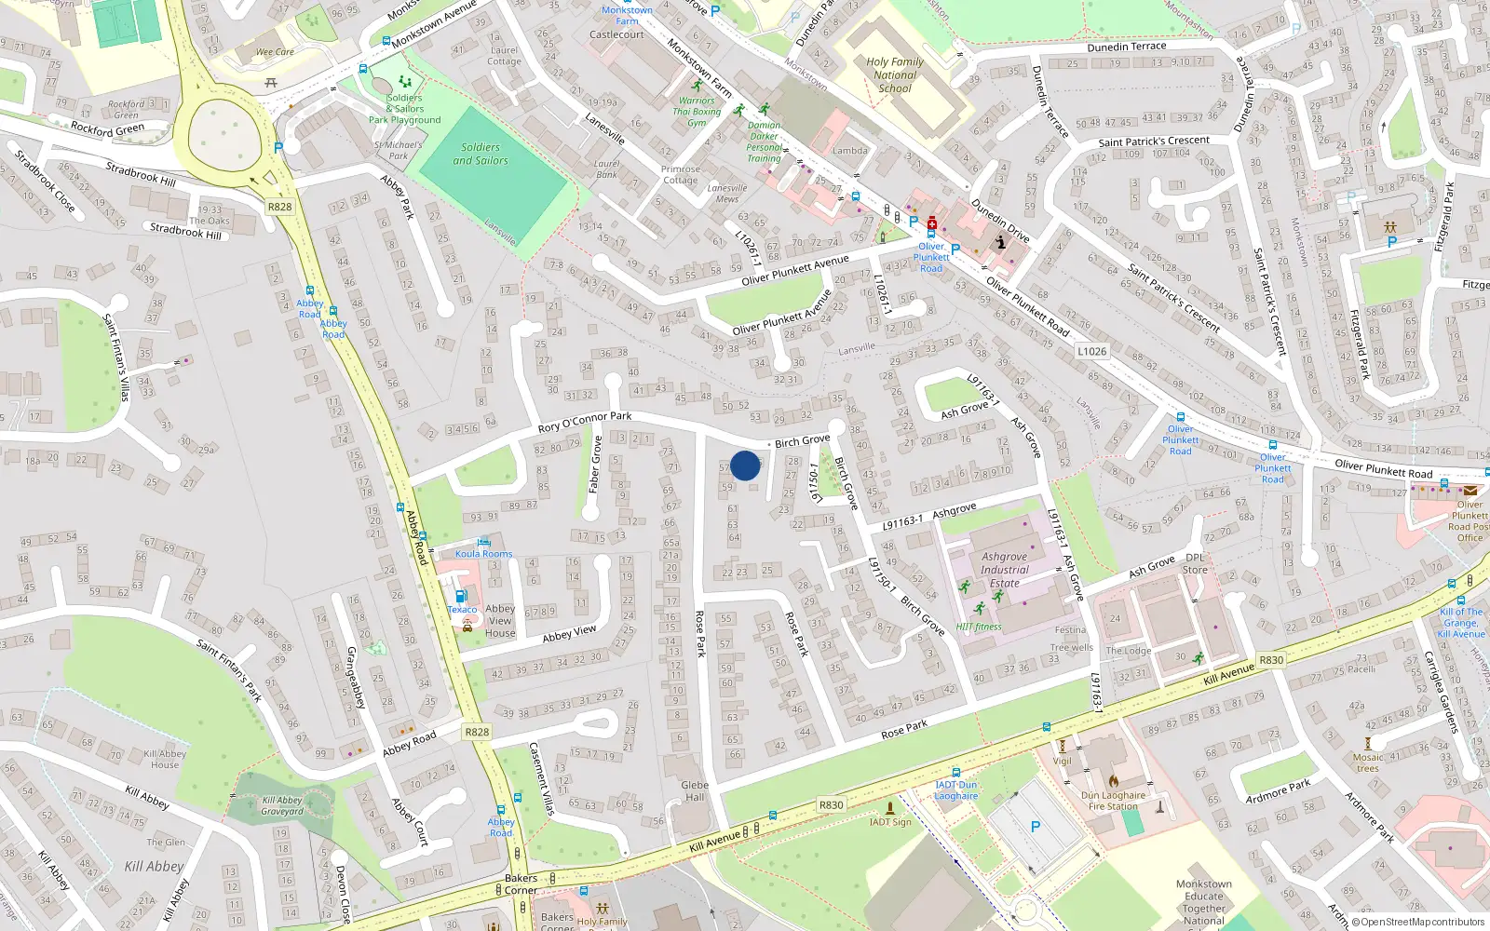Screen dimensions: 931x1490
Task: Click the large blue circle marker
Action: click(x=745, y=465)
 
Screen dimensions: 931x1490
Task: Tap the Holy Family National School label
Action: click(x=895, y=75)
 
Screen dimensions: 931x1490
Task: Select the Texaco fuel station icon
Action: click(x=460, y=596)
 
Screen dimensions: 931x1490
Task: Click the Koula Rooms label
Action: click(x=483, y=553)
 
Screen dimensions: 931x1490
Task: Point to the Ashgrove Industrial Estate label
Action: click(x=1004, y=570)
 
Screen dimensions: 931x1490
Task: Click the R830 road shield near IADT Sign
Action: click(x=831, y=805)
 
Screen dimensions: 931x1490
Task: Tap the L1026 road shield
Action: click(x=1091, y=351)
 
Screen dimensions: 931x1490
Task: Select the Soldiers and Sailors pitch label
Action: click(x=481, y=154)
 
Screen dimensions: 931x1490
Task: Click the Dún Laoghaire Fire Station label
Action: click(x=1113, y=801)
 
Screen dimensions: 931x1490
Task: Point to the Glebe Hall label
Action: click(x=695, y=790)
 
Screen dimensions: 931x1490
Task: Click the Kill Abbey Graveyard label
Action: click(x=282, y=805)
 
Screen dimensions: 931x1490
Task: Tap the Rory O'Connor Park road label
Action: click(x=585, y=422)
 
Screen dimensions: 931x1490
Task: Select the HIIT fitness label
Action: click(x=979, y=627)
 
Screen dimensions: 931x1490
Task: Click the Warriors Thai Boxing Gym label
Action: click(x=697, y=111)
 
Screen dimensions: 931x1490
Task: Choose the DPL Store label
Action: click(x=1195, y=563)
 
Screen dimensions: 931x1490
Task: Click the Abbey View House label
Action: click(x=500, y=621)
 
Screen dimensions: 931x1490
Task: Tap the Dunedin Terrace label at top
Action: click(x=1126, y=47)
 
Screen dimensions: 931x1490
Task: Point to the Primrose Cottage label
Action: click(x=680, y=174)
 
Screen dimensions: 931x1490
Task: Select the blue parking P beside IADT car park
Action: click(x=1035, y=827)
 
